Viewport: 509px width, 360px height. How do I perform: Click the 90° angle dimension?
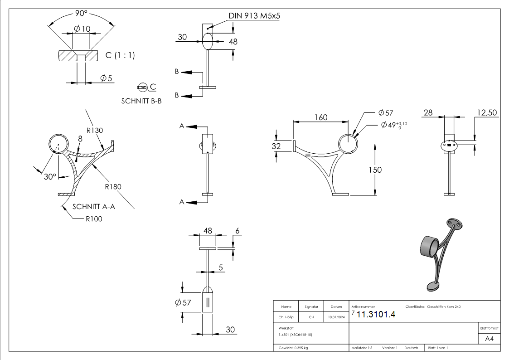coord(81,14)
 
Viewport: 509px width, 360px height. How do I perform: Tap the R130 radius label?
coord(95,130)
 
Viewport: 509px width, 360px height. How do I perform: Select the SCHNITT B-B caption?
coord(141,102)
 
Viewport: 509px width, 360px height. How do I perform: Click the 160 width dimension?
coord(321,117)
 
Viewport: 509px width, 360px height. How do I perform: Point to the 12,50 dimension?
coord(487,112)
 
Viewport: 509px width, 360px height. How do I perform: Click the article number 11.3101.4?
coord(376,315)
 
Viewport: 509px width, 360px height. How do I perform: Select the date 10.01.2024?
coord(336,317)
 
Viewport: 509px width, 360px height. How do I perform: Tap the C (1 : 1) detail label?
coord(120,55)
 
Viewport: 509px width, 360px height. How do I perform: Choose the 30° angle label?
coord(50,176)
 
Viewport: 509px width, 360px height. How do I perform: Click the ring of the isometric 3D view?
coord(429,247)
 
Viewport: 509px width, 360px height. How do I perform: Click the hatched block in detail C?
coord(78,56)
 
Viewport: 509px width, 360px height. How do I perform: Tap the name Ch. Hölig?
coord(286,317)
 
